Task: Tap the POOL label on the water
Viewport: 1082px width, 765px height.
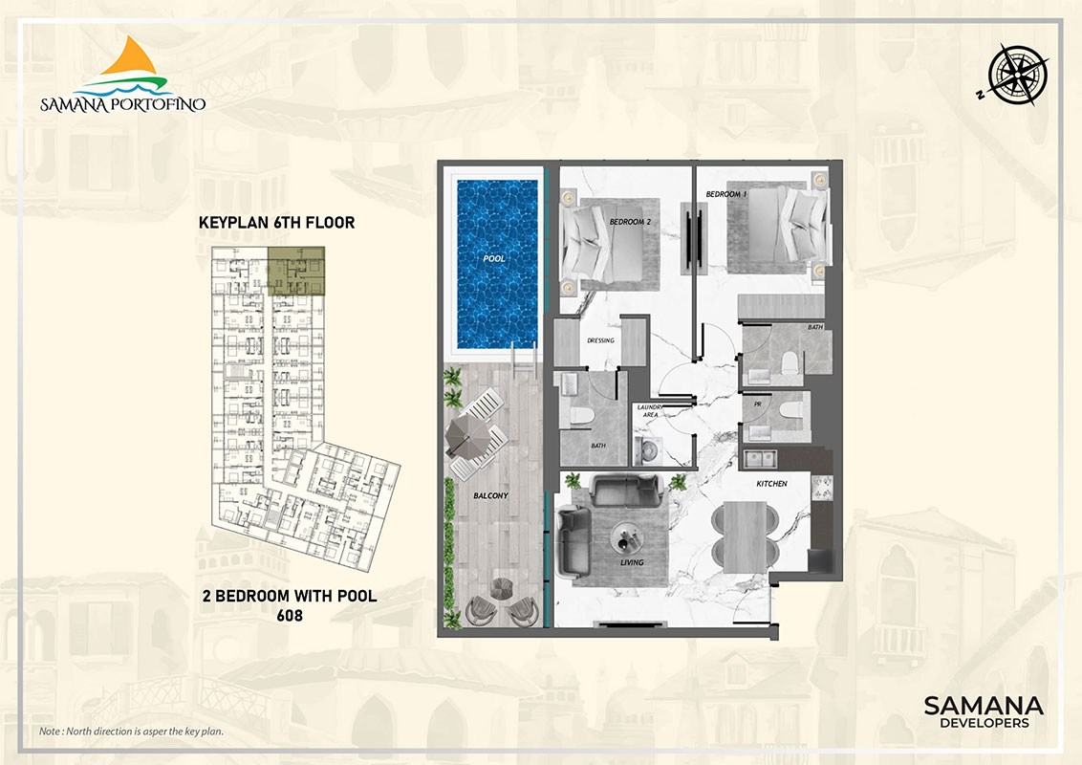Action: [494, 258]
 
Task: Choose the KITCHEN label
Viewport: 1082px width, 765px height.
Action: [771, 484]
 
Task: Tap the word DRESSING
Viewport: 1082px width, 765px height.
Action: [599, 340]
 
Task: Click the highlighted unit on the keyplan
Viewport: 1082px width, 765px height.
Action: [296, 270]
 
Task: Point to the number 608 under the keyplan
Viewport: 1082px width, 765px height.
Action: [290, 616]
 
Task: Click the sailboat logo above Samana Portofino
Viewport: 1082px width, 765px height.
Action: [121, 65]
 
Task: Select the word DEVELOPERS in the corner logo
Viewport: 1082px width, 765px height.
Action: [984, 723]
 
